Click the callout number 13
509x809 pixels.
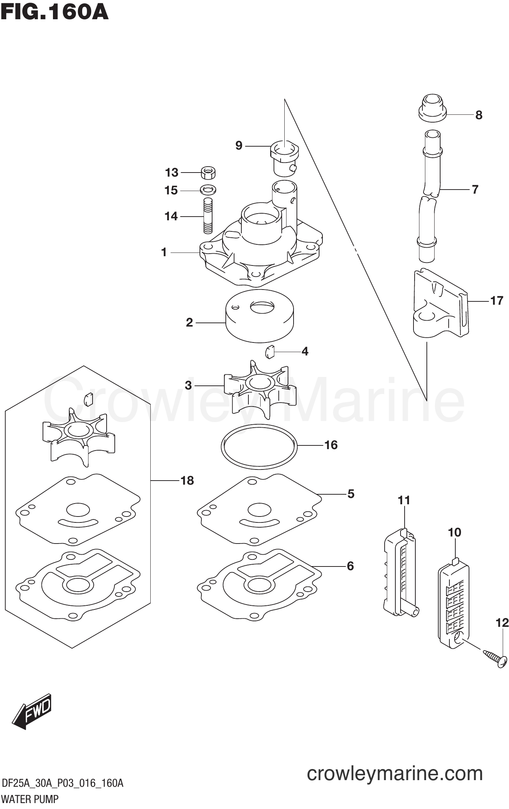coord(171,173)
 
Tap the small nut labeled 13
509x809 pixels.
coord(208,173)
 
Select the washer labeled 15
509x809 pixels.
coord(208,190)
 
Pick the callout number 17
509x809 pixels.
coord(496,301)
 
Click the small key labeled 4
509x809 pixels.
coord(270,351)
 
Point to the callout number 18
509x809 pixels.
coord(187,481)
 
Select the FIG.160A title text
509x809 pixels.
coord(54,12)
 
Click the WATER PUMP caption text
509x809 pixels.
coord(30,799)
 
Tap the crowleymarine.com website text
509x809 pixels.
coord(395,773)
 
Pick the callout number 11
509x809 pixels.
coord(404,501)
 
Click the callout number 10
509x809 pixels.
coord(455,532)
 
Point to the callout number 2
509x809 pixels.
coord(190,322)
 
